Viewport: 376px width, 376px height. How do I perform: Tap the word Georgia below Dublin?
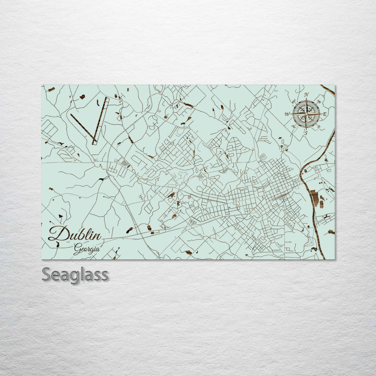(x=87, y=249)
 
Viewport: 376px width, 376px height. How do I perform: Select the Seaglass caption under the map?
(x=75, y=275)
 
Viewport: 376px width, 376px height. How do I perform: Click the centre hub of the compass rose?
(x=306, y=113)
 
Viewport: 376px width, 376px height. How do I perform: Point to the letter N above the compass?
(x=306, y=95)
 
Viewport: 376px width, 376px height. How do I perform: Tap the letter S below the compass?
(x=306, y=133)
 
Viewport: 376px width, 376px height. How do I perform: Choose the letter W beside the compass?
(x=288, y=114)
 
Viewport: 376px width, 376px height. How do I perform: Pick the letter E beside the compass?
(x=324, y=114)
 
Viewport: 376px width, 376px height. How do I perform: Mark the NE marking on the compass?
(x=319, y=101)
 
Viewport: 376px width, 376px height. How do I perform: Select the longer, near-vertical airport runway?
(x=100, y=120)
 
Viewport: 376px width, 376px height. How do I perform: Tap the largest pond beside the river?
(x=315, y=198)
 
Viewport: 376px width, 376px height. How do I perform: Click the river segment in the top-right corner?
(x=328, y=89)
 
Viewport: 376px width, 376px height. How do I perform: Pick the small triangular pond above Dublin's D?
(x=61, y=217)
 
